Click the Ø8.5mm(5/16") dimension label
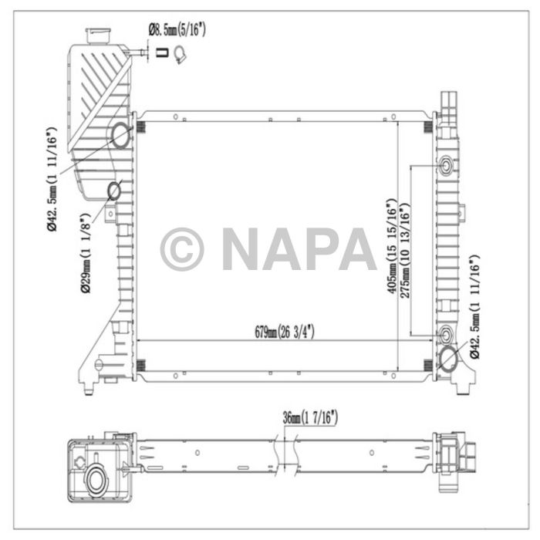tap(177, 31)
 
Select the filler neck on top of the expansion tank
tap(97, 35)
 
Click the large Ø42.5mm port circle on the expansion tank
tap(121, 136)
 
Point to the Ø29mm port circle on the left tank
tap(113, 190)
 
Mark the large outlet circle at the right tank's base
tap(447, 359)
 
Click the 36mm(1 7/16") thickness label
tap(310, 419)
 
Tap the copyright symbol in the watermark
tap(182, 249)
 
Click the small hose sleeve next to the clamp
tap(162, 53)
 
